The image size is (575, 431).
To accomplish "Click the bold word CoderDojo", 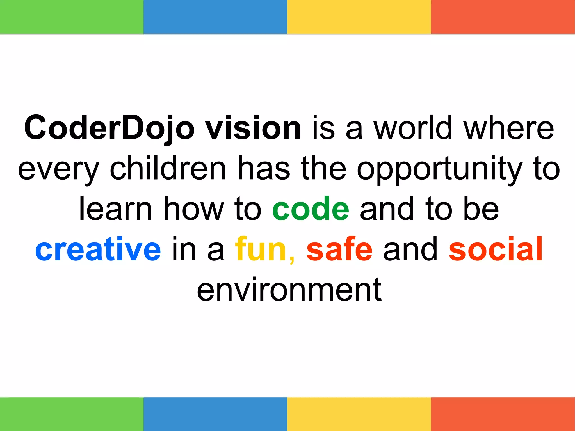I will click(x=109, y=128).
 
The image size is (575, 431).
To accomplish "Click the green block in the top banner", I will click(x=72, y=17).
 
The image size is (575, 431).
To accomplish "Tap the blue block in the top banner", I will click(x=215, y=17).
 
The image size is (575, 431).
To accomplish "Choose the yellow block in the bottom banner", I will click(x=359, y=414).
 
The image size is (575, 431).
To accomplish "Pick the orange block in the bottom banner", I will click(x=503, y=414).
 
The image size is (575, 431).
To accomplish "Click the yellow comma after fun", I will click(x=292, y=260).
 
